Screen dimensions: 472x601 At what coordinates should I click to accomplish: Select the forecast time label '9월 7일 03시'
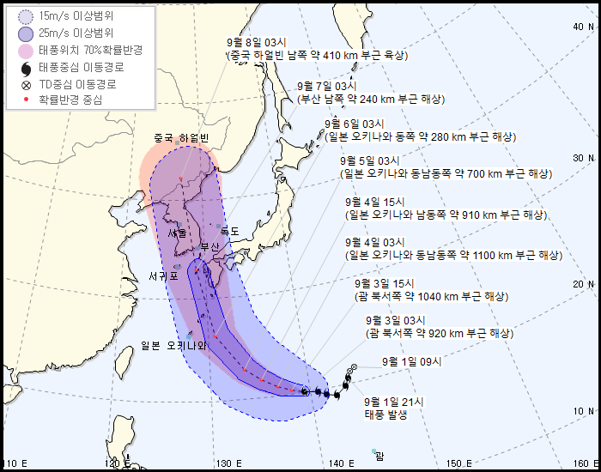(x=326, y=87)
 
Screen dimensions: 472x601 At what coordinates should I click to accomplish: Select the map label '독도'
(x=230, y=232)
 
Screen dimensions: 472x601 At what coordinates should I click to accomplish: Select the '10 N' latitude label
(x=583, y=411)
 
